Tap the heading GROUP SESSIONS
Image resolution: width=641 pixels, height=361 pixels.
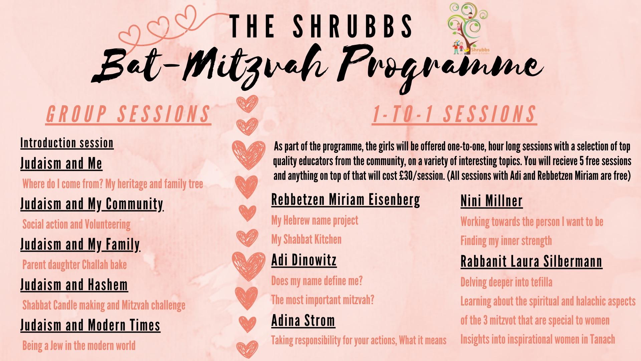coord(128,115)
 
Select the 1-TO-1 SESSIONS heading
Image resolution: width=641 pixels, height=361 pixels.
coord(454,115)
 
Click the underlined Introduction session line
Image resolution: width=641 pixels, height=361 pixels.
coord(67,143)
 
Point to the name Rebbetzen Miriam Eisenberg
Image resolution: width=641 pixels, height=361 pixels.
coord(346,200)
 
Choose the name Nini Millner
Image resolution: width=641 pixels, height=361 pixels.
coord(491,201)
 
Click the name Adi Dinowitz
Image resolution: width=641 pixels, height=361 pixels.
coord(304,260)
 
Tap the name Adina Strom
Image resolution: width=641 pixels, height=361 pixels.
coord(303,321)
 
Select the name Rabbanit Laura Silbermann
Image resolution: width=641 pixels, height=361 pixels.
coord(531,262)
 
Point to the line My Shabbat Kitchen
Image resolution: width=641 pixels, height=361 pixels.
coord(306,239)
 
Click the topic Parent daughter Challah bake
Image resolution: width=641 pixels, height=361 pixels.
coord(74,265)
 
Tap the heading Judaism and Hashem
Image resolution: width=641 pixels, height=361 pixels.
coord(74,285)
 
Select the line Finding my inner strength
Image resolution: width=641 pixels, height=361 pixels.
coord(506,241)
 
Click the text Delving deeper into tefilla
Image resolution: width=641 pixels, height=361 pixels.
coord(506,282)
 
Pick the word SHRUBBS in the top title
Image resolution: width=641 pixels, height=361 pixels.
coord(353,26)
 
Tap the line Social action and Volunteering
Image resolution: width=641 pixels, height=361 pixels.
coord(76,224)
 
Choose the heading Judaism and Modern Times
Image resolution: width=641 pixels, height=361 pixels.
coord(90,325)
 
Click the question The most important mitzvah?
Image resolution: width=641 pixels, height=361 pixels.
coord(323,300)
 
